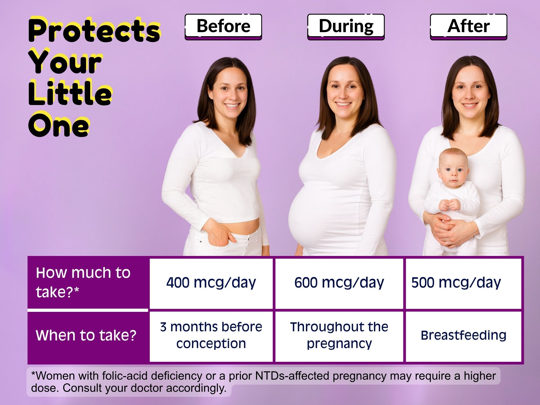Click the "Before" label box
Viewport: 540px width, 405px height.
pyautogui.click(x=223, y=27)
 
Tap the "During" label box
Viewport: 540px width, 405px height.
pyautogui.click(x=346, y=27)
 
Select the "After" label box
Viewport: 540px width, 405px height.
pyautogui.click(x=468, y=27)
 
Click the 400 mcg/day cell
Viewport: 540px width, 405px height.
pyautogui.click(x=211, y=284)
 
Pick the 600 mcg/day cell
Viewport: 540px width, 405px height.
pyautogui.click(x=339, y=284)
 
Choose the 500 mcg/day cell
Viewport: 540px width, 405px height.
pyautogui.click(x=463, y=284)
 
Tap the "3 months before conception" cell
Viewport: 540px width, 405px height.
pyautogui.click(x=211, y=336)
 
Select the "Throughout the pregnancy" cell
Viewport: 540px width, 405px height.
pyautogui.click(x=339, y=336)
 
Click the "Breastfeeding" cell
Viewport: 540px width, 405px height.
pyautogui.click(x=463, y=336)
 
